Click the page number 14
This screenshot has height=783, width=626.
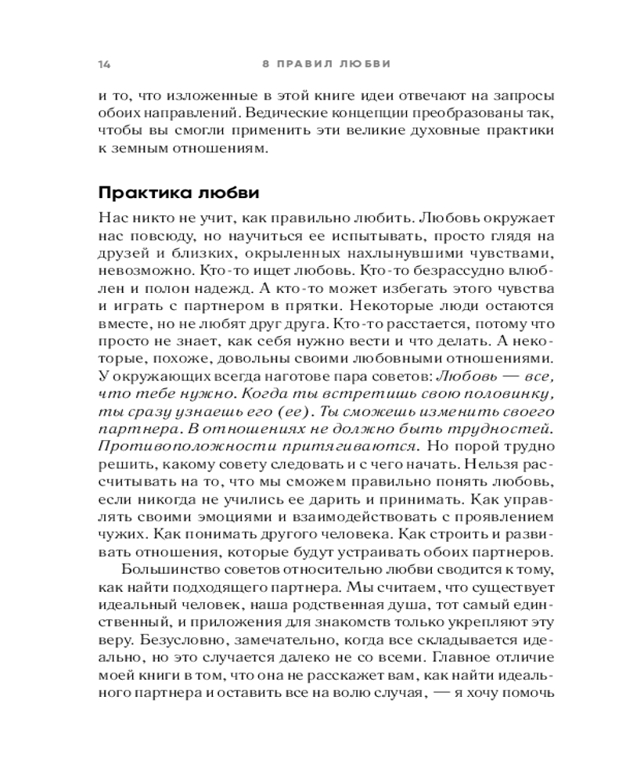click(104, 63)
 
